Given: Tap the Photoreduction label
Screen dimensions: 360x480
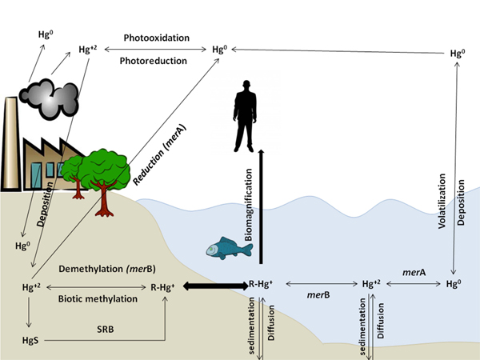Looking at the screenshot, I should pos(154,60).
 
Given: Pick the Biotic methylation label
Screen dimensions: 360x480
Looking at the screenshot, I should pos(98,298).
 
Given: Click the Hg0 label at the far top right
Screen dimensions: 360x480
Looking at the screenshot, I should pos(458,54).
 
